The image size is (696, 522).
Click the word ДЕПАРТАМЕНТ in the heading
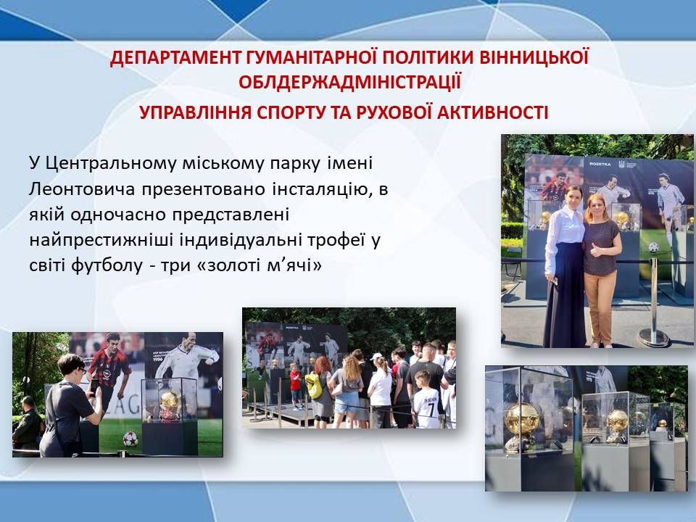click(176, 58)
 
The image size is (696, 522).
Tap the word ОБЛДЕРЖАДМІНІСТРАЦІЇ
click(349, 83)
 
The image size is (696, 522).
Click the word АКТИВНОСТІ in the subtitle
click(493, 113)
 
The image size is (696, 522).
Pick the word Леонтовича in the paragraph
click(82, 189)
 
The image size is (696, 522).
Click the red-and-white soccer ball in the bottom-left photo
click(130, 439)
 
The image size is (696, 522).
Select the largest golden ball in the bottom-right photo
click(522, 420)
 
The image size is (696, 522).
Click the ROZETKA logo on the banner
click(600, 164)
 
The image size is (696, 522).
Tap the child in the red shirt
click(295, 385)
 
